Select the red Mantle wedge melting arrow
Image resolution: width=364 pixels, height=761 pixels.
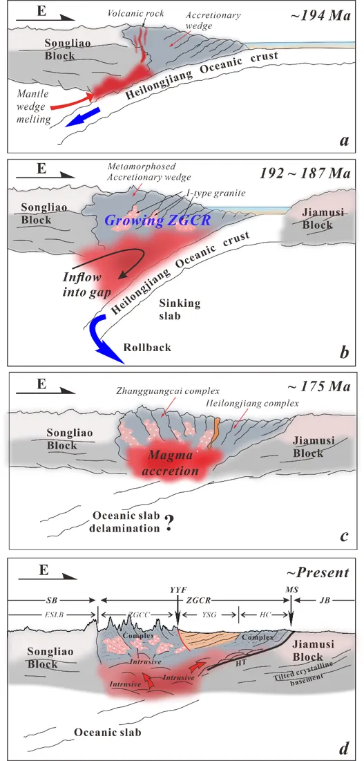72,100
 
